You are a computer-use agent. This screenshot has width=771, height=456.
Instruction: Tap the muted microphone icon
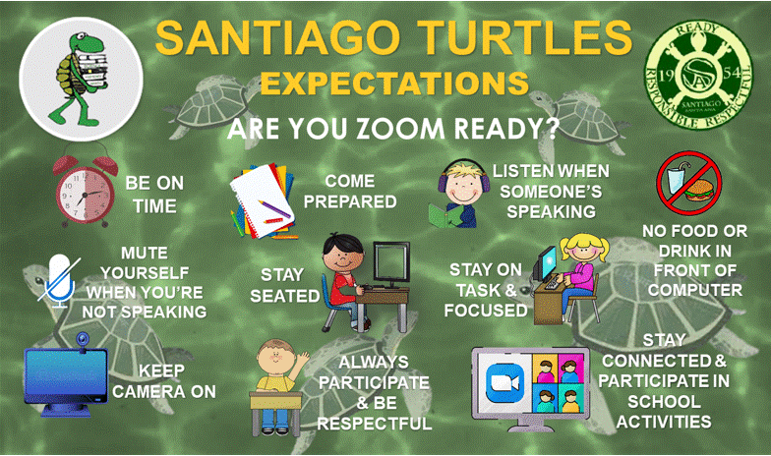pyautogui.click(x=59, y=281)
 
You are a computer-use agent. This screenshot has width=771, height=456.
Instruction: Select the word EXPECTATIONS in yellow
pyautogui.click(x=393, y=84)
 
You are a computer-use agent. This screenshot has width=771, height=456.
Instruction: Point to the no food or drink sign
pyautogui.click(x=688, y=183)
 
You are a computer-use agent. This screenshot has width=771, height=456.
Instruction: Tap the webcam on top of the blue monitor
pyautogui.click(x=83, y=340)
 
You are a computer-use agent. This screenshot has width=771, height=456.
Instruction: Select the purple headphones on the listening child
pyautogui.click(x=463, y=178)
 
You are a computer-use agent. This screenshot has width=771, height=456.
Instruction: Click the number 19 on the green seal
pyautogui.click(x=667, y=75)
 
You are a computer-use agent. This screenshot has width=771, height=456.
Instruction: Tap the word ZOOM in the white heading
pyautogui.click(x=400, y=128)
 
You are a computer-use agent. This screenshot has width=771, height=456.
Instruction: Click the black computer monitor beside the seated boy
pyautogui.click(x=391, y=263)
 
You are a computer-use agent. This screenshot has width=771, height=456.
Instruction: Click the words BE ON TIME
pyautogui.click(x=154, y=195)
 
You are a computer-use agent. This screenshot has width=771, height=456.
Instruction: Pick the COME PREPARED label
pyautogui.click(x=350, y=191)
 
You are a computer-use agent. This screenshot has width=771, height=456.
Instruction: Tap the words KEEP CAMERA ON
pyautogui.click(x=163, y=381)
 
